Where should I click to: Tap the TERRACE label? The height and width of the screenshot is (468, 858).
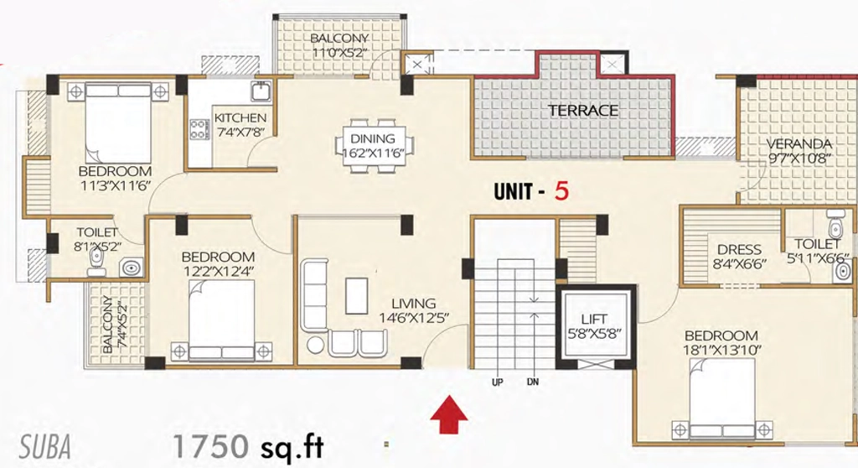583,110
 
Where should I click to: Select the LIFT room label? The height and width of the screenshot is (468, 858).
594,319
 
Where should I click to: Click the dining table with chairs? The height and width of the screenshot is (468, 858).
375,145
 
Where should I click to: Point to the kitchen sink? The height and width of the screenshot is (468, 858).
261,91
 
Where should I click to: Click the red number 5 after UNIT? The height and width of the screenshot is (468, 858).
561,190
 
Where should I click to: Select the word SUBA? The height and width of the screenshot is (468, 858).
45,447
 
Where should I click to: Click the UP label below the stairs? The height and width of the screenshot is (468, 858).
497,382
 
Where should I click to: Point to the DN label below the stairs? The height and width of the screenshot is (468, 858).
532,382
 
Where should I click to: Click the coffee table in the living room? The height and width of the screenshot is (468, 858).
357,295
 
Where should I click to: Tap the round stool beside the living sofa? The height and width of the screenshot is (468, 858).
315,345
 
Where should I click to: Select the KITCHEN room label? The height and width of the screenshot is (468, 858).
240,117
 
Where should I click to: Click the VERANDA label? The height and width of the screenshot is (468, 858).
799,144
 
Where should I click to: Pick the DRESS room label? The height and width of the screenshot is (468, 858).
739,250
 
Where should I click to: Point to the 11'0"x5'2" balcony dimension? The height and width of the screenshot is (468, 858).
339,53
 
